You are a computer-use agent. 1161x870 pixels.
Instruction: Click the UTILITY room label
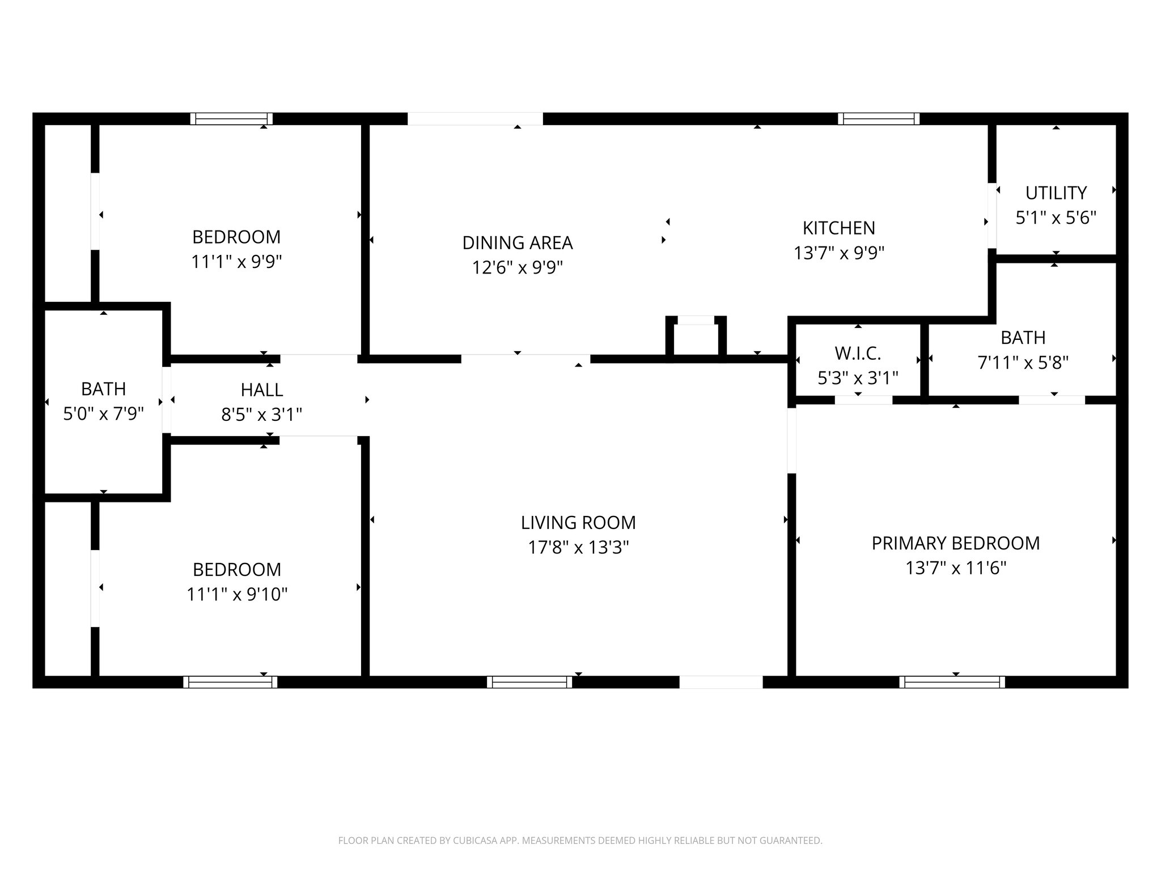click(1056, 193)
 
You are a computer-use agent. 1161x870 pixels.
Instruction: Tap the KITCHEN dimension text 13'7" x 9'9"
click(839, 253)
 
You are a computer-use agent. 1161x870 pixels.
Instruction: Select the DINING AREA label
click(517, 243)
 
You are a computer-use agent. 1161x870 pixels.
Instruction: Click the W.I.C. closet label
click(858, 353)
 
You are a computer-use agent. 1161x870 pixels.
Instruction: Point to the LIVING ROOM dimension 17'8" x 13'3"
click(578, 548)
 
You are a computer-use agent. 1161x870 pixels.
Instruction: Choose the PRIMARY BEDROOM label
click(955, 543)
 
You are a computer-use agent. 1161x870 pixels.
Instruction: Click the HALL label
click(261, 390)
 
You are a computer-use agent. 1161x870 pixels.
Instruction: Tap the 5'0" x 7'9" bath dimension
click(103, 414)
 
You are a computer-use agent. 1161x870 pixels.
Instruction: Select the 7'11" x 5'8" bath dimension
click(1023, 362)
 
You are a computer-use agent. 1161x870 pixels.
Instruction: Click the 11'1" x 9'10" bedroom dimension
click(237, 594)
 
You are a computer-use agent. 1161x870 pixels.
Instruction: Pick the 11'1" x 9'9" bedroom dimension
click(236, 262)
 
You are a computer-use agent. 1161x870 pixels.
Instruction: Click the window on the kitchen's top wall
click(878, 119)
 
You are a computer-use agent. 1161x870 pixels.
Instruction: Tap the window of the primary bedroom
click(952, 682)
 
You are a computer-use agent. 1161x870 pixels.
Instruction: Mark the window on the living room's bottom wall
click(529, 682)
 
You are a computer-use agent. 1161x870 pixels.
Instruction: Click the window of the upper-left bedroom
click(231, 119)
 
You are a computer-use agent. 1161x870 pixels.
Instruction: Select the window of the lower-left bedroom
click(230, 682)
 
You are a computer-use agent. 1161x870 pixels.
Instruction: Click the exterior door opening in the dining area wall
click(475, 119)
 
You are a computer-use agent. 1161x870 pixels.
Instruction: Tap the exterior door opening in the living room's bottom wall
click(721, 682)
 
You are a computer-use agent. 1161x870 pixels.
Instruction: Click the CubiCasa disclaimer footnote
click(580, 841)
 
